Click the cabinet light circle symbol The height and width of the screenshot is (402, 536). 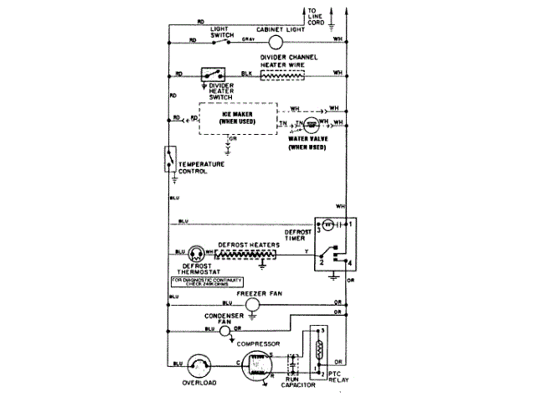click(x=277, y=39)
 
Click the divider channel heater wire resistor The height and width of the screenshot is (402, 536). click(x=285, y=74)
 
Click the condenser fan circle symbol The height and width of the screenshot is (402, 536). click(x=225, y=332)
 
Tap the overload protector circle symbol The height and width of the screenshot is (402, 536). click(x=198, y=363)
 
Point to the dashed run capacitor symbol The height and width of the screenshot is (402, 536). click(x=294, y=368)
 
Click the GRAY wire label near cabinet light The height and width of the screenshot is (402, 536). click(x=249, y=39)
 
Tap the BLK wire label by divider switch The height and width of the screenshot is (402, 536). click(x=247, y=74)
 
